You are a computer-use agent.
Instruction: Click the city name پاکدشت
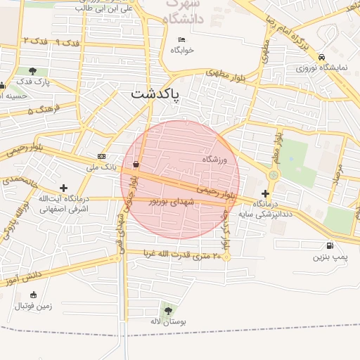click(155, 94)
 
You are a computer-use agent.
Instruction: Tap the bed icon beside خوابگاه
click(182, 39)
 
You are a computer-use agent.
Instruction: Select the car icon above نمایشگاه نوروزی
click(321, 57)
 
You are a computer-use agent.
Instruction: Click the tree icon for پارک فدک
click(33, 71)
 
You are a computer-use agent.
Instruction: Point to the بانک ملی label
click(100, 167)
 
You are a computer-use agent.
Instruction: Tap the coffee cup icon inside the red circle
click(135, 165)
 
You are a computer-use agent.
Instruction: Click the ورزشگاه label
click(215, 160)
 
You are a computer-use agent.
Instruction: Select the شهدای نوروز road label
click(169, 202)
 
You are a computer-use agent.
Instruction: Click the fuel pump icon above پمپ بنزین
click(330, 246)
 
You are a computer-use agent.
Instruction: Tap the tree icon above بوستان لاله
click(167, 310)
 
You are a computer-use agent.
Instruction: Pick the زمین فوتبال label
click(34, 306)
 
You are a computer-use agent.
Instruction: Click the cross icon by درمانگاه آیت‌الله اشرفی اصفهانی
click(64, 188)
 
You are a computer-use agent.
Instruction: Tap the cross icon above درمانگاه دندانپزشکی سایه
click(265, 193)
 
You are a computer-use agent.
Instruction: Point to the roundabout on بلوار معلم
click(274, 174)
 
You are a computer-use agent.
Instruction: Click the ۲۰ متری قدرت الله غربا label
click(183, 254)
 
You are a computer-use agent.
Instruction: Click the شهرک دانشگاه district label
click(186, 12)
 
